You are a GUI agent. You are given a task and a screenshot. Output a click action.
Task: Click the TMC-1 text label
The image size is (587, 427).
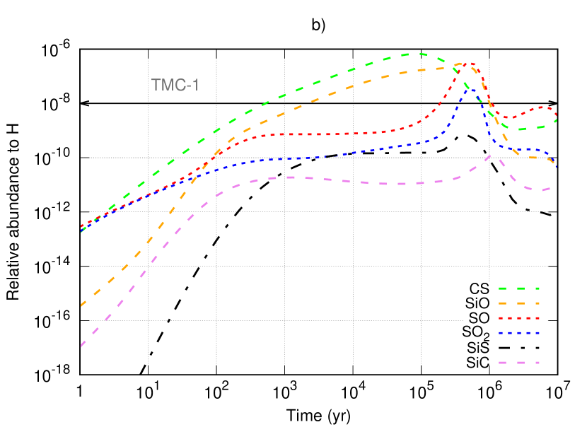point(175,86)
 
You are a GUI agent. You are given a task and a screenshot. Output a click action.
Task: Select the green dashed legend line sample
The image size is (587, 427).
point(519,288)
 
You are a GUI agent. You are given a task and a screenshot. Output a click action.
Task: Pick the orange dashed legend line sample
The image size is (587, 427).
point(519,303)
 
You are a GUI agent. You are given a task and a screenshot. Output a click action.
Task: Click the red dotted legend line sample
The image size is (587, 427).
point(519,318)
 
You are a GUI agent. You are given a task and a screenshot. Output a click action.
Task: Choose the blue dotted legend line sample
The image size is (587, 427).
point(519,333)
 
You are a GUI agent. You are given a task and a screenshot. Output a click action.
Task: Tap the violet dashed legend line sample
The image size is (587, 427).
point(519,363)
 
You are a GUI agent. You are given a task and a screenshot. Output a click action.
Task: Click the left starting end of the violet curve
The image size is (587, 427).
point(82,346)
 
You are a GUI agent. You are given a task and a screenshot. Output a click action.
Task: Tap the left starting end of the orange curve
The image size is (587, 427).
point(82,305)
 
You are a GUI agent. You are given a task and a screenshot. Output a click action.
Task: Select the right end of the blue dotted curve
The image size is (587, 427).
point(557,167)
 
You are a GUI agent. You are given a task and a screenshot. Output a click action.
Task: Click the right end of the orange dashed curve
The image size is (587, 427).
point(555,160)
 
